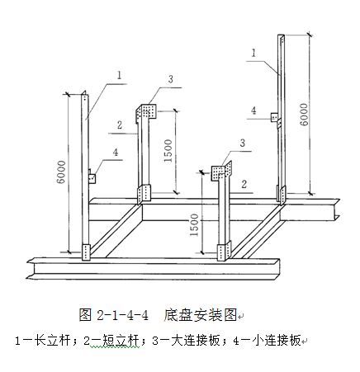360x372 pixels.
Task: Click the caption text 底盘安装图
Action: tap(200, 315)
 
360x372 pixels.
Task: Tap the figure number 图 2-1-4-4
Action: tap(113, 315)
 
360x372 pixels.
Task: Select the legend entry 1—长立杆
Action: tap(43, 341)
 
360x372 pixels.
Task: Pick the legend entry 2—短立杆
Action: tap(111, 341)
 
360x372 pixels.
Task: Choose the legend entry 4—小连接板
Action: tap(267, 341)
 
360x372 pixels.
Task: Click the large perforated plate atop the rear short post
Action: tap(146, 112)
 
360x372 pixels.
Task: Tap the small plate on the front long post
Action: tap(92, 177)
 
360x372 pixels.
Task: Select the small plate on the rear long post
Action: tap(274, 117)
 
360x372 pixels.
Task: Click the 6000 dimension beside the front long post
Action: tap(61, 172)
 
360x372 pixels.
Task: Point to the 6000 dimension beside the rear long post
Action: tap(304, 115)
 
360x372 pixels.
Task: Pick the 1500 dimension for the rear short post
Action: tap(168, 151)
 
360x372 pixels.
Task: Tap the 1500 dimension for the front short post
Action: tap(194, 225)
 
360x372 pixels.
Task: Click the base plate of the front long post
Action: tap(86, 252)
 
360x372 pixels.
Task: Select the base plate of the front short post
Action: tap(224, 252)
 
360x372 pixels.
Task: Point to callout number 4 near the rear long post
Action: tap(253, 111)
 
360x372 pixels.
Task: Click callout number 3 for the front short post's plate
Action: tap(242, 143)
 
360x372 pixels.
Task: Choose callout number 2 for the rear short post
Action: tap(120, 125)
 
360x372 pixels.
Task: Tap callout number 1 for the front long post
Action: tap(120, 75)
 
